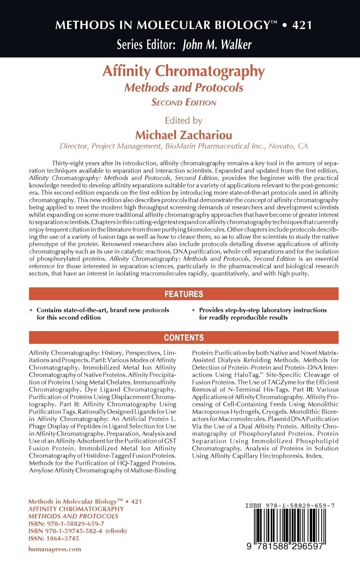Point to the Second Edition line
click(184, 102)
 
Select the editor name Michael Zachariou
click(183, 135)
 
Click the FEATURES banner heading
click(183, 294)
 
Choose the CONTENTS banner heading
click(184, 338)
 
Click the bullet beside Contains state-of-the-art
click(31, 310)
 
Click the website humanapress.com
click(55, 549)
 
